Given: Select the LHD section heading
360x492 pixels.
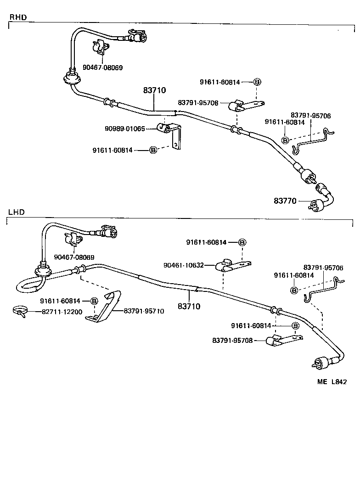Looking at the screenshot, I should coord(17,212).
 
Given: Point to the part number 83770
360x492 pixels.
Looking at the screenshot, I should coord(285,201).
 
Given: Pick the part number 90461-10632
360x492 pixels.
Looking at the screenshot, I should coord(183,265).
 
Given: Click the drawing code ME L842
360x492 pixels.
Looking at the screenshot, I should coord(331,381).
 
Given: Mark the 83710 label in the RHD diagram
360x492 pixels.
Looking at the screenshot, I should coord(154,91).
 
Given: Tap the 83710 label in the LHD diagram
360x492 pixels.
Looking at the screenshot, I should coord(189,306).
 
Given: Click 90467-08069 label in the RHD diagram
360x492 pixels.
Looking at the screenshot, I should coord(103,67).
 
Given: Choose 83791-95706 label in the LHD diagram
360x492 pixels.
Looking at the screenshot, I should coord(323,267).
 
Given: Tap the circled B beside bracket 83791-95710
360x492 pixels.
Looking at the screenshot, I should coord(94,301).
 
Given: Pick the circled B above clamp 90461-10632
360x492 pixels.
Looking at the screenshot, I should coord(242,242).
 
